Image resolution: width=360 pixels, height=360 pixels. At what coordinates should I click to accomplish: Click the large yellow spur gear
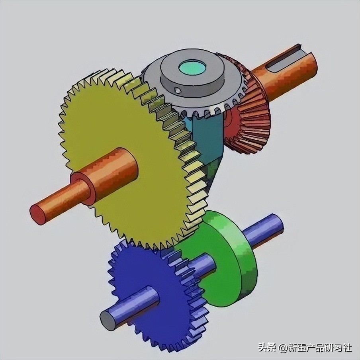coord(119,119)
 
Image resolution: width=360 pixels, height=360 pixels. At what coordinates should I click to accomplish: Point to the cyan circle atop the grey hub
coord(192,68)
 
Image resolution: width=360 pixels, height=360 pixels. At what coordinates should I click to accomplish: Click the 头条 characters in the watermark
coord(267,348)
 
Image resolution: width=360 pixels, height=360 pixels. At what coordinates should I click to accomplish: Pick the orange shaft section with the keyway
coord(287,72)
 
